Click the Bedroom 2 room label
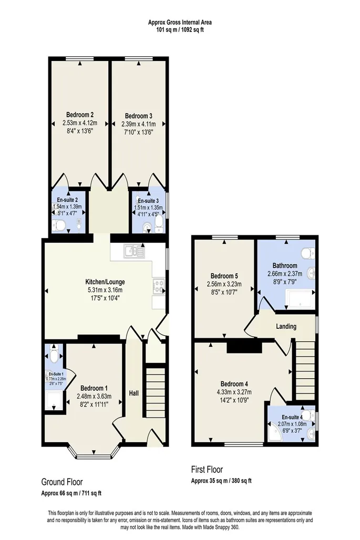pyautogui.click(x=80, y=115)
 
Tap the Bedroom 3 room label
pyautogui.click(x=139, y=116)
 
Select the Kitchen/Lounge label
pyautogui.click(x=105, y=282)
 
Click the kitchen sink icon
pyautogui.click(x=135, y=252)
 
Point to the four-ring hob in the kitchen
pyautogui.click(x=159, y=286)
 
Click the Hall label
pyautogui.click(x=133, y=393)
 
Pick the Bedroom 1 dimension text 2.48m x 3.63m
pyautogui.click(x=94, y=397)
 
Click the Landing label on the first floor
pyautogui.click(x=286, y=326)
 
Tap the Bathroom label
pyautogui.click(x=285, y=265)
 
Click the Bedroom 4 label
pyautogui.click(x=234, y=384)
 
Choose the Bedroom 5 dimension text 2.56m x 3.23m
pyautogui.click(x=224, y=284)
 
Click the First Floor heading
pyautogui.click(x=207, y=470)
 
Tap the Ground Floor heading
pyautogui.click(x=62, y=482)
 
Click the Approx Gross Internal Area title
pyautogui.click(x=180, y=23)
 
